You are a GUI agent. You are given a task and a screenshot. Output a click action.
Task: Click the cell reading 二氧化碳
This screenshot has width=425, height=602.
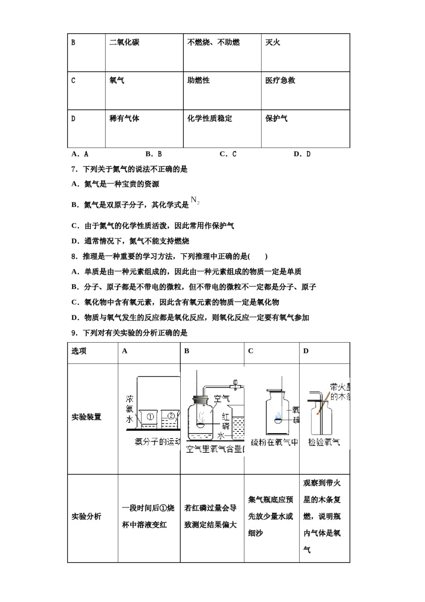pyautogui.click(x=124, y=43)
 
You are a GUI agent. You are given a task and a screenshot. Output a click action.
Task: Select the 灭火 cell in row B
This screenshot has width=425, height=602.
pyautogui.click(x=272, y=43)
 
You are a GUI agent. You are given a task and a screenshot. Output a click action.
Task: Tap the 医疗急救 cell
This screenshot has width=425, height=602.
pyautogui.click(x=280, y=81)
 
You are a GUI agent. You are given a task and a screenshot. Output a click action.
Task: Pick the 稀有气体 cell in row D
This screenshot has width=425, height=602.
pyautogui.click(x=124, y=119)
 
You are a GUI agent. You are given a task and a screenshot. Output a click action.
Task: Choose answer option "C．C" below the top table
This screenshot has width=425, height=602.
pyautogui.click(x=228, y=154)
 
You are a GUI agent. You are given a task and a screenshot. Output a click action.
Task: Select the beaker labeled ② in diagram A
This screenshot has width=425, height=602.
pyautogui.click(x=170, y=418)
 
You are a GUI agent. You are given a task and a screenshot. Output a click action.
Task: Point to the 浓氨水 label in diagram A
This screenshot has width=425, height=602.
pyautogui.click(x=129, y=408)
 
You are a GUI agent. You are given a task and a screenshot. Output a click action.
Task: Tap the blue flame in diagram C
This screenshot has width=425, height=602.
pyautogui.click(x=278, y=416)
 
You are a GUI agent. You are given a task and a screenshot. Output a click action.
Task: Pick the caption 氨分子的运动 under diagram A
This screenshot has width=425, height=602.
pyautogui.click(x=157, y=442)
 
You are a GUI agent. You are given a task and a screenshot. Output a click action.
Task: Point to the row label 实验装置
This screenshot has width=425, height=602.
pyautogui.click(x=86, y=417)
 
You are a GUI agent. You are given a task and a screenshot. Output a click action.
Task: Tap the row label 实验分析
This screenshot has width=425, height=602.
pyautogui.click(x=86, y=516)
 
